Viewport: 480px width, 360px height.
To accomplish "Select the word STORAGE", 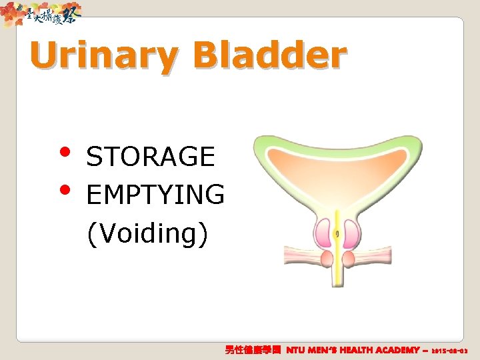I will [151, 157].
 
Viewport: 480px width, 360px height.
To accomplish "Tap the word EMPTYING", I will [155, 195].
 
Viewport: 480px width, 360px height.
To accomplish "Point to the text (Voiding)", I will [147, 233].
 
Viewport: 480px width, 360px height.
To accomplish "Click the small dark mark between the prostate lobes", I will [337, 234].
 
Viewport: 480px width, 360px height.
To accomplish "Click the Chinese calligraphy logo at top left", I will [43, 13].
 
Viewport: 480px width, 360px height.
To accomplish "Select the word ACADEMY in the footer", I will [398, 349].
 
